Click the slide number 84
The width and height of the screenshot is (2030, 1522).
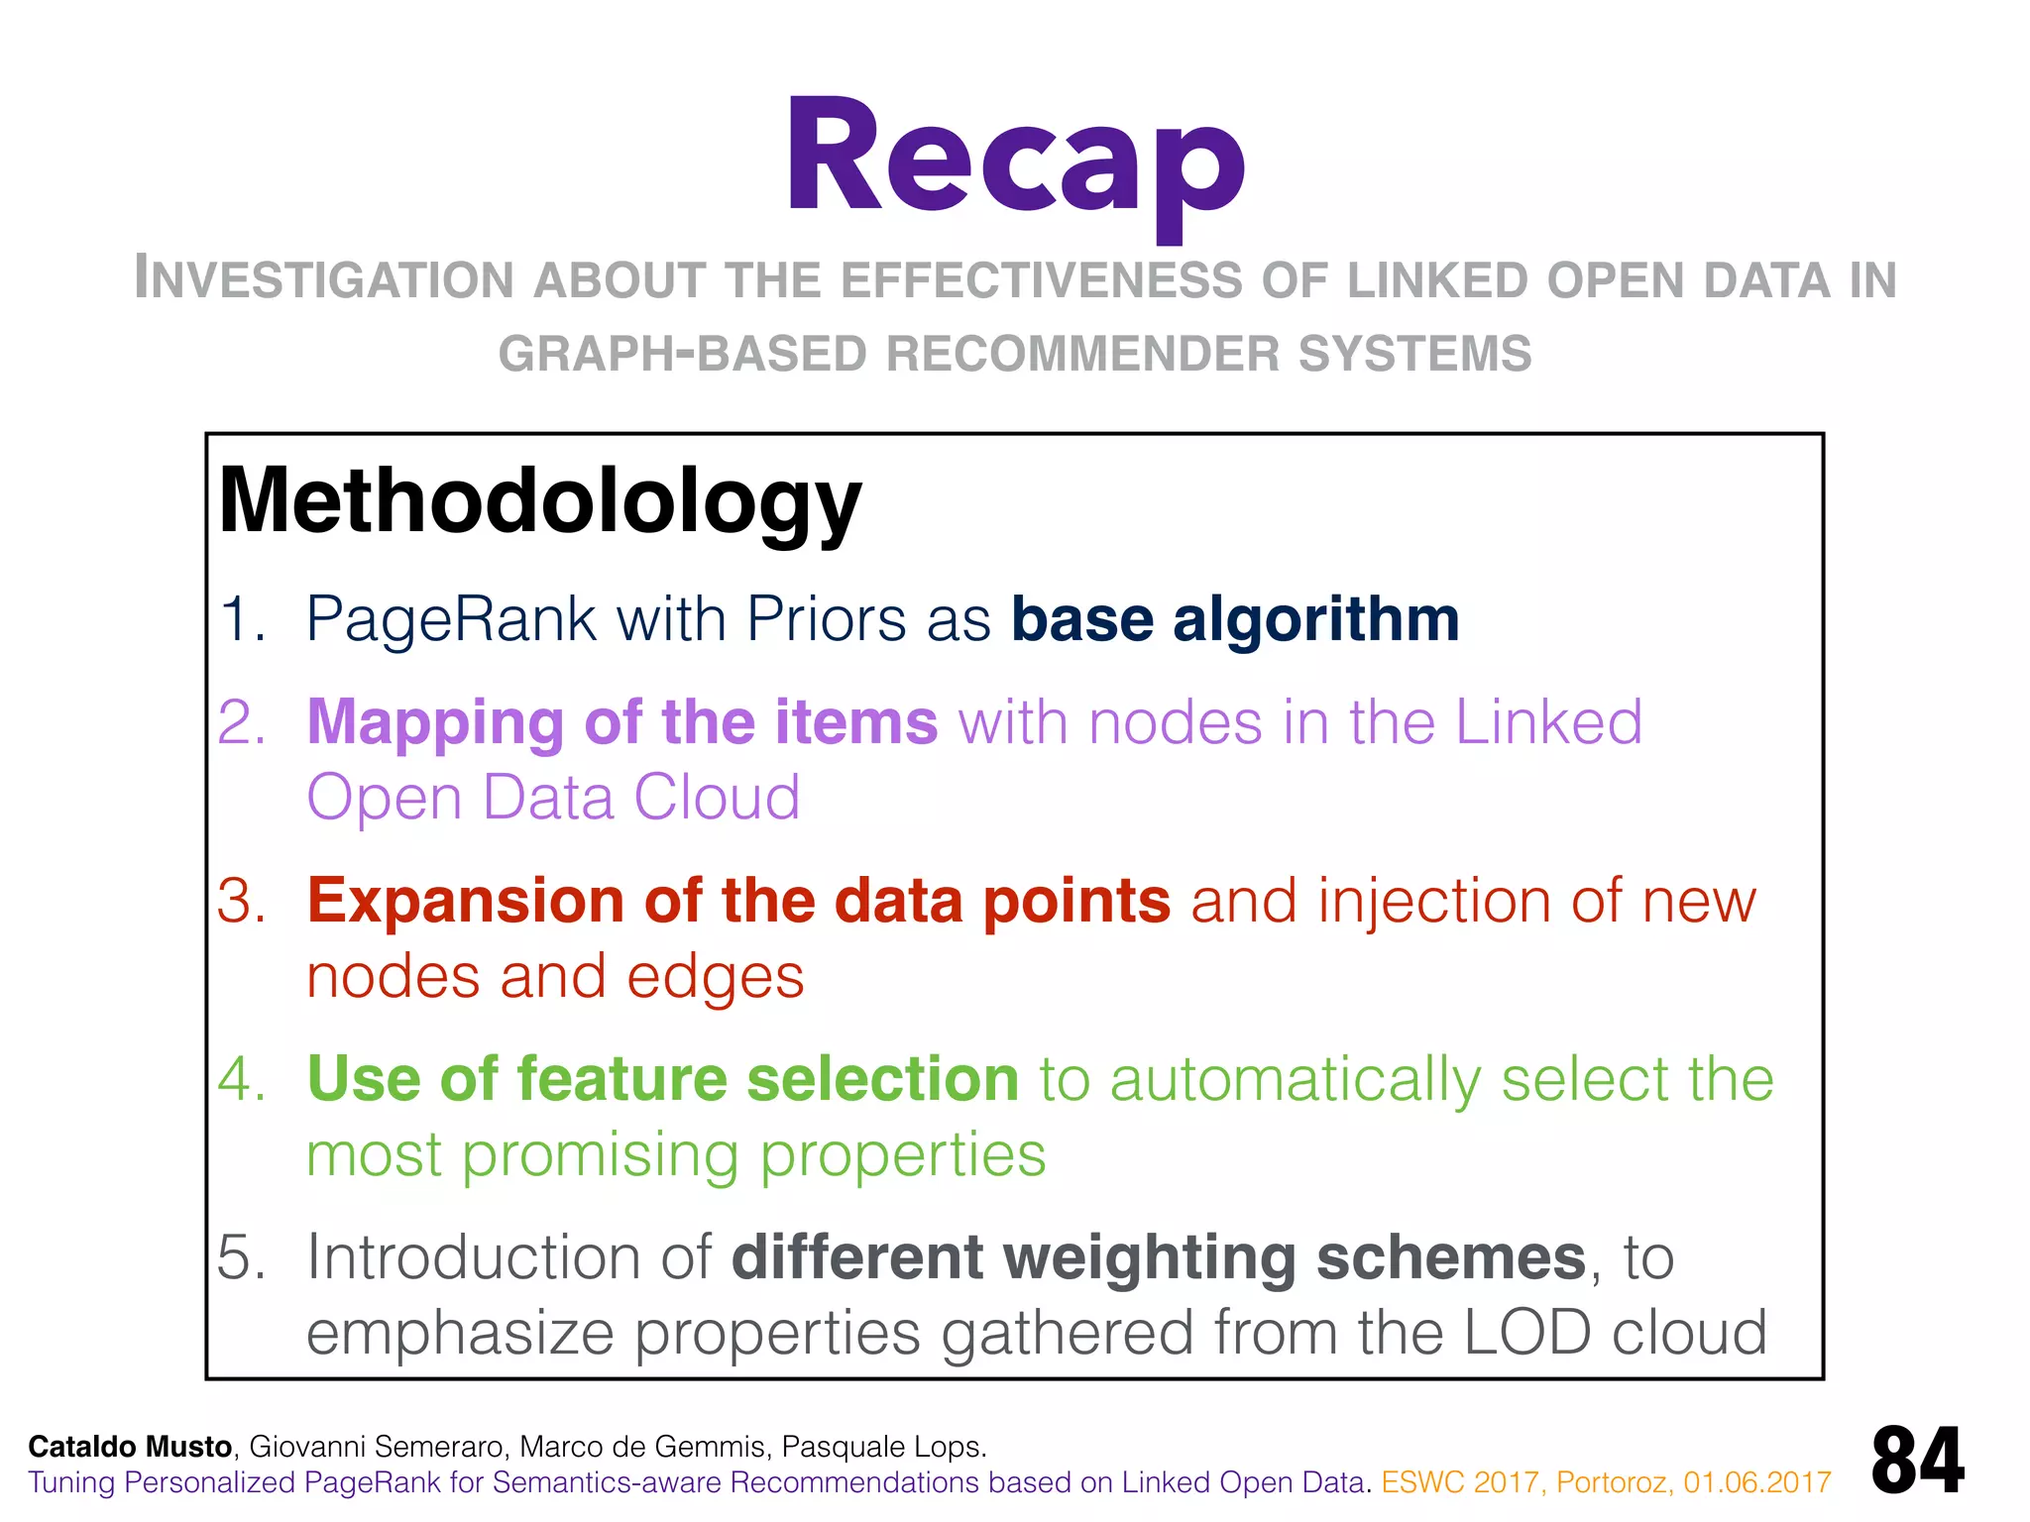click(x=1917, y=1461)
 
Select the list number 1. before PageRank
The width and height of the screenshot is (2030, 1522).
click(x=242, y=620)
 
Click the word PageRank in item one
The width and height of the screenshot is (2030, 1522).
click(x=451, y=620)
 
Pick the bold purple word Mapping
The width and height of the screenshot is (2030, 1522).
click(x=434, y=722)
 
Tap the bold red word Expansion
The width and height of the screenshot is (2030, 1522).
click(x=466, y=901)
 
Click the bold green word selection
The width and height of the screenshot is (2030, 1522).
click(x=882, y=1079)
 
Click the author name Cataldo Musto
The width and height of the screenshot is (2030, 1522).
click(x=130, y=1447)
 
